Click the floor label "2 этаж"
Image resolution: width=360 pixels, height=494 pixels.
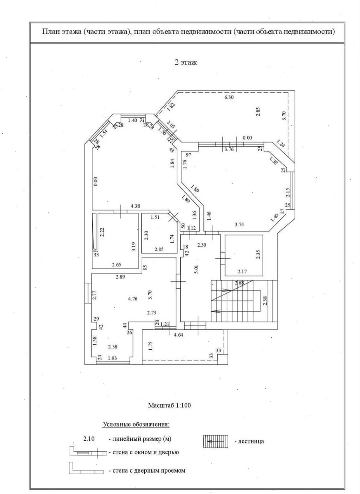185,62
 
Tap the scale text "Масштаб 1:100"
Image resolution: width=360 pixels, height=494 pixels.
169,405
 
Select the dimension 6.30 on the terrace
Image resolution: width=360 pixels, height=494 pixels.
229,98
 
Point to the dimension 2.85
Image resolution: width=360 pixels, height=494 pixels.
258,111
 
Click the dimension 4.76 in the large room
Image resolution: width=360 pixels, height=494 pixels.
133,299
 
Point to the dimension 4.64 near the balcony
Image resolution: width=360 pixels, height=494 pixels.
179,335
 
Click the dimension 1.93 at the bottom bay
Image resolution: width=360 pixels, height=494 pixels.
112,358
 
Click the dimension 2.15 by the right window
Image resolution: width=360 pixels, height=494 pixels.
287,193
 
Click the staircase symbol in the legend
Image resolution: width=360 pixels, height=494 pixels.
216,441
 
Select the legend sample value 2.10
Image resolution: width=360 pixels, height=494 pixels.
89,439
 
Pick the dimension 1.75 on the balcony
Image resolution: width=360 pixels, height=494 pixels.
150,346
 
